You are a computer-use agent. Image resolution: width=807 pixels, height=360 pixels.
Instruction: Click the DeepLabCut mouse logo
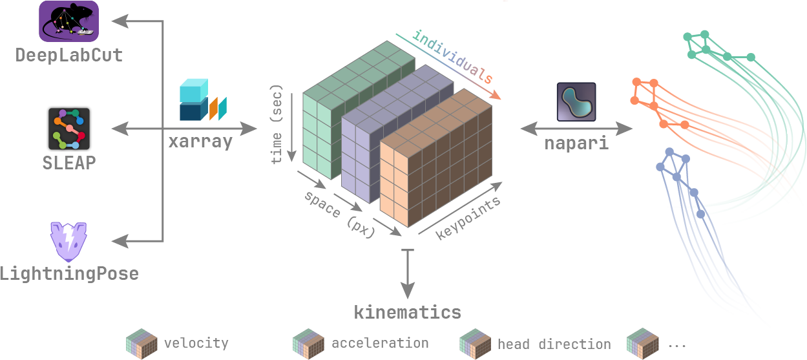(68, 21)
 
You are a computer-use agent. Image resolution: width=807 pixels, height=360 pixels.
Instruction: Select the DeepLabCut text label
(69, 55)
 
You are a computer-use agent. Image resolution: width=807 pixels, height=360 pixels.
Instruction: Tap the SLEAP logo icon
(69, 129)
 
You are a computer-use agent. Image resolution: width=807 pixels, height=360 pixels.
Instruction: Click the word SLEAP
(69, 162)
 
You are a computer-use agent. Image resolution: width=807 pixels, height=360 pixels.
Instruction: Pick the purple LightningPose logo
(68, 241)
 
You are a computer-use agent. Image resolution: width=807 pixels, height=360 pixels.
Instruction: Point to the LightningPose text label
(69, 273)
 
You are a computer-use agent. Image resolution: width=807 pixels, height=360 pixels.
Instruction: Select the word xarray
(200, 142)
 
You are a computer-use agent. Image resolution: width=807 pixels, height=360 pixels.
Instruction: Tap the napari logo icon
(576, 102)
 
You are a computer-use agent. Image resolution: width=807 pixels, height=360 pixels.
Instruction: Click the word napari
(576, 143)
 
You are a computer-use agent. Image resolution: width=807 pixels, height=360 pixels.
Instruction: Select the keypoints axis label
(468, 218)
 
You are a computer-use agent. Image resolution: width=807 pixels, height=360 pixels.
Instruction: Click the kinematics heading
(407, 312)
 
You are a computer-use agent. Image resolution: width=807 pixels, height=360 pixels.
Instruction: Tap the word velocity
(196, 343)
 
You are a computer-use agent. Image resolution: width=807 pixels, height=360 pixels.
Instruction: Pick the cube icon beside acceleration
(308, 343)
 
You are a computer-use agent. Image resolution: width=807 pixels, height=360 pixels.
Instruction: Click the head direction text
(554, 344)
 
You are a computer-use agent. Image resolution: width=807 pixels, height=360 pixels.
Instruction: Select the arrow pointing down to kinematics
(407, 275)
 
